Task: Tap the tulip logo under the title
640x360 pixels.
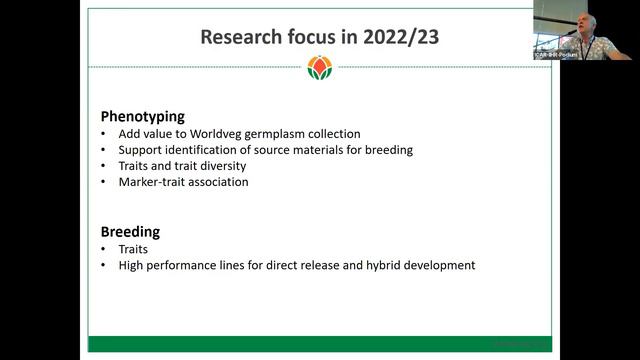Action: point(321,69)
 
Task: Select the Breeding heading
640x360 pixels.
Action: point(130,232)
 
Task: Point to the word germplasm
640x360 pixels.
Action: point(275,134)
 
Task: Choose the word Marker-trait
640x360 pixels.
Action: point(153,182)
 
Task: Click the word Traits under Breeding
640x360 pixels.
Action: point(134,249)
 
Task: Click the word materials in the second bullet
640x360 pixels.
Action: point(328,150)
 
